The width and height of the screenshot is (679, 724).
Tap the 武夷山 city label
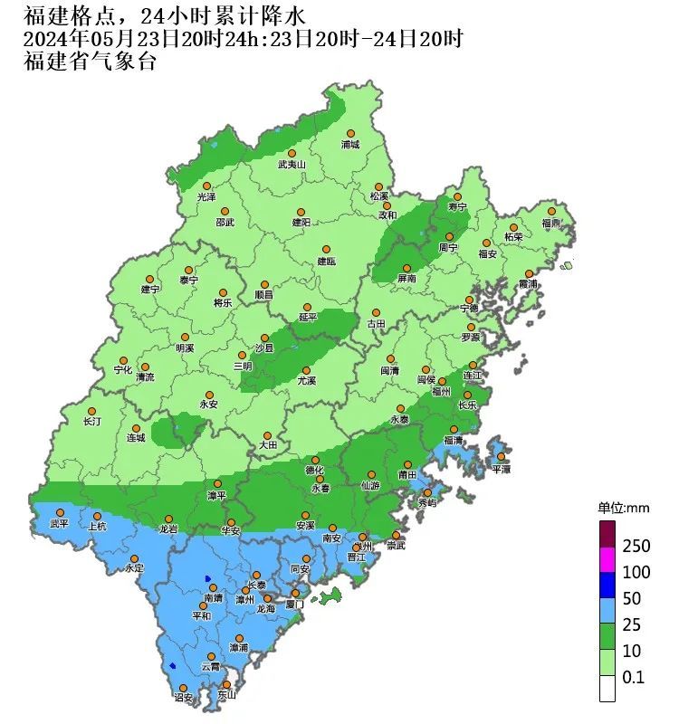pos(292,165)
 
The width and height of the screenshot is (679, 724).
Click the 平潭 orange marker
pos(501,457)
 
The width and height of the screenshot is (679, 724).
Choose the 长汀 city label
pos(91,422)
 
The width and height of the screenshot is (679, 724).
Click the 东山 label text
pos(226,695)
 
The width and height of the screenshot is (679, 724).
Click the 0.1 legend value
pos(634,677)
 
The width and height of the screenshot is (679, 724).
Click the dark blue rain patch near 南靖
pos(208,578)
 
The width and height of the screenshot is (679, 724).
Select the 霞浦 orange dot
pos(529,273)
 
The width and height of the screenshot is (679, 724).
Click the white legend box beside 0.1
pos(607,689)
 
